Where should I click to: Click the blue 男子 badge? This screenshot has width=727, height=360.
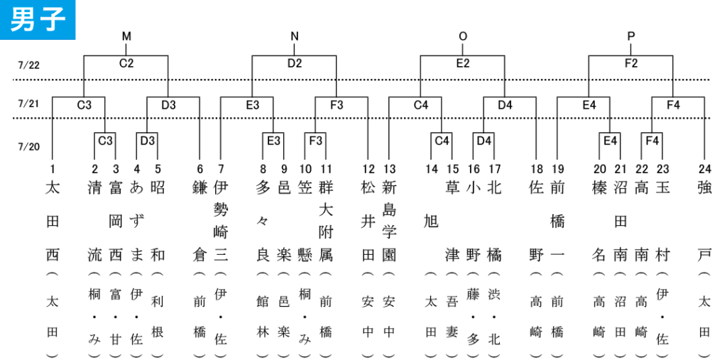(38, 19)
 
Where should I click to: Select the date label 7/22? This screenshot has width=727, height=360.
(28, 65)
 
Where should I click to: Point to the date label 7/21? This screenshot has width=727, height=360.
(28, 104)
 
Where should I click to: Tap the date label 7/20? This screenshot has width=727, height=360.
(28, 147)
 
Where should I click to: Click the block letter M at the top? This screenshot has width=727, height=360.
(126, 36)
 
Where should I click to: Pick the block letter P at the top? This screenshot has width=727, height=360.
(631, 36)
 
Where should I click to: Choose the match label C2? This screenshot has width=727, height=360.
(126, 64)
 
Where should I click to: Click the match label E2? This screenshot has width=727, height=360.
(463, 64)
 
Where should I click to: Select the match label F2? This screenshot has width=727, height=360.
(631, 64)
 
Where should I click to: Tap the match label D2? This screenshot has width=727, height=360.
(295, 64)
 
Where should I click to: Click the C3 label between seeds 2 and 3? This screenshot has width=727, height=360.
(105, 140)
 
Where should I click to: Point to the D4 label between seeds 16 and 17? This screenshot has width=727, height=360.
(484, 140)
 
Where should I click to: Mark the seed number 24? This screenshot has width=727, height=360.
(705, 169)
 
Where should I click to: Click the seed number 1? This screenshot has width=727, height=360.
(52, 169)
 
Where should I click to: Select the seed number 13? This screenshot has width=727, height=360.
(388, 169)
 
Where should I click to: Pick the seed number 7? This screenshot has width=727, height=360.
(221, 169)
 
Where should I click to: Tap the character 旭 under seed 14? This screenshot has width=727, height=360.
(431, 222)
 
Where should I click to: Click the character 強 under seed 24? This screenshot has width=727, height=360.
(705, 188)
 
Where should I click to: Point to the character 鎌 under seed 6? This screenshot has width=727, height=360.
(199, 188)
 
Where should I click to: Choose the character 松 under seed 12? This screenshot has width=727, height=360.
(368, 188)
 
